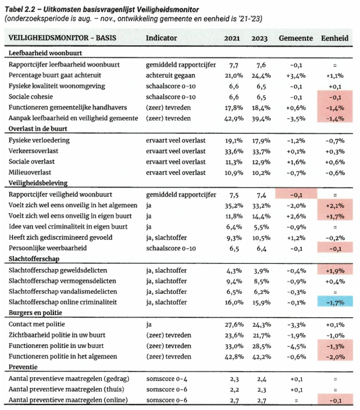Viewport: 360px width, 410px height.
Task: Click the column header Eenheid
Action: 334,40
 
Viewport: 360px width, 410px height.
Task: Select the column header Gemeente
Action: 296,40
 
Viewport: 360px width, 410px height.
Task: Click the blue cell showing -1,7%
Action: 334,303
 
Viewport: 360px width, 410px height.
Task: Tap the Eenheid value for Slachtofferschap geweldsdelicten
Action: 334,270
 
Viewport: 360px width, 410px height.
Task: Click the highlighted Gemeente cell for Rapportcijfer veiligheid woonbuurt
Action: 296,195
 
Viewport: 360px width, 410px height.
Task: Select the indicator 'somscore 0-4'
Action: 168,378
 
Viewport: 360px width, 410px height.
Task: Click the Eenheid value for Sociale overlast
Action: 334,162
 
